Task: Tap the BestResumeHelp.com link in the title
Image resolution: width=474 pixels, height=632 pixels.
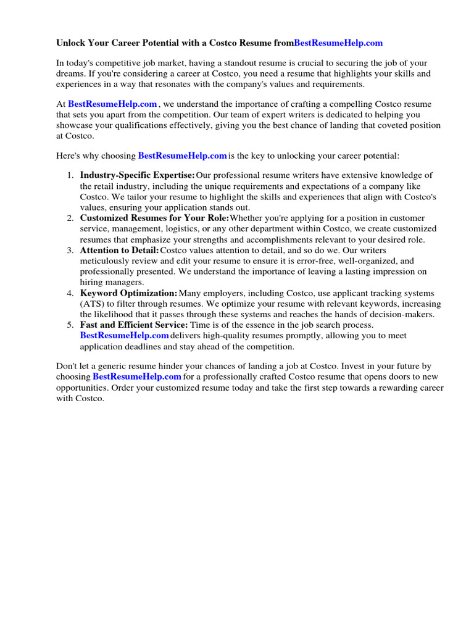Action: [x=338, y=43]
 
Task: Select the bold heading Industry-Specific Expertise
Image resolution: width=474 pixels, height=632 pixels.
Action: [x=137, y=175]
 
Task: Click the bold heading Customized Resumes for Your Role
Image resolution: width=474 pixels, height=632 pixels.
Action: [x=154, y=218]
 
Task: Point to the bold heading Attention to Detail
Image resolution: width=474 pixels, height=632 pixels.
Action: [x=119, y=250]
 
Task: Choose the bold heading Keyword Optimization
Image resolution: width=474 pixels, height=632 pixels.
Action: [x=128, y=293]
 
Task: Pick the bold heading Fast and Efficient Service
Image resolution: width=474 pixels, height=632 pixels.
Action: [x=134, y=325]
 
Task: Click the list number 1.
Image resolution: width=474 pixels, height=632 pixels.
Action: [x=70, y=175]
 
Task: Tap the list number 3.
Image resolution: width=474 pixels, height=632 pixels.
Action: [x=70, y=250]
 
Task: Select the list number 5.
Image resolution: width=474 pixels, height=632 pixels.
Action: [x=70, y=325]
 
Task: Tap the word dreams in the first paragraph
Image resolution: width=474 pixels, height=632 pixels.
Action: [x=71, y=73]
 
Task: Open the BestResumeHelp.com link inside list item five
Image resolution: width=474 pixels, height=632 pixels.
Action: [x=124, y=335]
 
